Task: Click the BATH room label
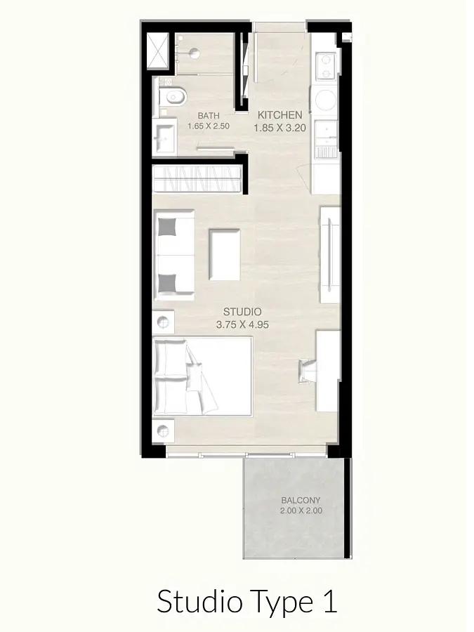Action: pyautogui.click(x=209, y=116)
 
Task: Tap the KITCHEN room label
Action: pyautogui.click(x=279, y=115)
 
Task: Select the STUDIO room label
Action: pyautogui.click(x=242, y=312)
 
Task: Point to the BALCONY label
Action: pyautogui.click(x=301, y=500)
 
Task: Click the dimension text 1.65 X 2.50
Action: pyautogui.click(x=209, y=126)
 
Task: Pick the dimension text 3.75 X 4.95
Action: pyautogui.click(x=242, y=324)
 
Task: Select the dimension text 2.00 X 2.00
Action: pyautogui.click(x=301, y=511)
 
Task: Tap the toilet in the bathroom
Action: pyautogui.click(x=173, y=96)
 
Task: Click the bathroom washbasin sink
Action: pyautogui.click(x=165, y=138)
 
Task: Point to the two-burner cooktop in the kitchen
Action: pyautogui.click(x=326, y=67)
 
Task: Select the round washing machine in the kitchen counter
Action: pyautogui.click(x=326, y=100)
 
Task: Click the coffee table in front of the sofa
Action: pyautogui.click(x=225, y=254)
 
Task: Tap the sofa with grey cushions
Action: pyautogui.click(x=174, y=255)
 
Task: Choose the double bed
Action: pyautogui.click(x=203, y=377)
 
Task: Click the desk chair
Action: pyautogui.click(x=307, y=371)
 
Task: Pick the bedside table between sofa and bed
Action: pyautogui.click(x=163, y=322)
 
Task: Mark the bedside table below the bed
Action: pyautogui.click(x=163, y=431)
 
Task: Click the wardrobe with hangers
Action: pyautogui.click(x=197, y=179)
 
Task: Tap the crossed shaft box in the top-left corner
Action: pyautogui.click(x=157, y=51)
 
